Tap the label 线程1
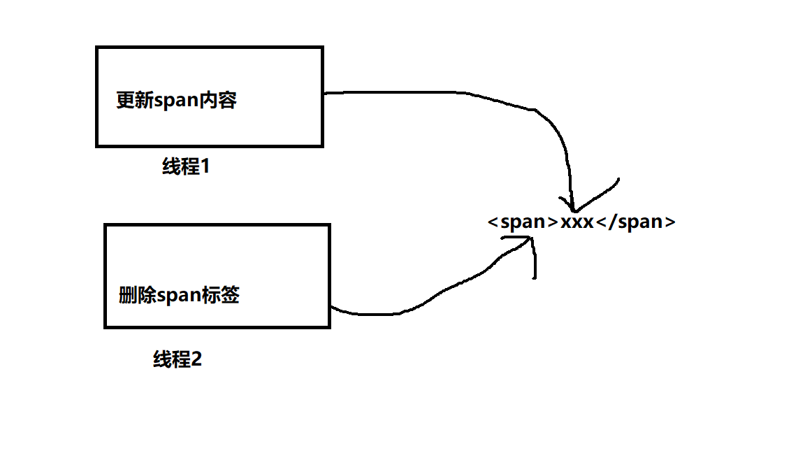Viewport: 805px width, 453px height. (186, 167)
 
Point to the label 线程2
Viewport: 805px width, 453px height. (177, 360)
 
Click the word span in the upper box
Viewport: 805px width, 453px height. (176, 101)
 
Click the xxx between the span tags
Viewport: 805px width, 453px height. (576, 222)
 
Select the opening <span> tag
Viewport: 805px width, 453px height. (523, 222)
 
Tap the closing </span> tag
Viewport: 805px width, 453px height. (635, 222)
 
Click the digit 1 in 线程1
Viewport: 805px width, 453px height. (205, 167)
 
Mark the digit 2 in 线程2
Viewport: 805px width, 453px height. (196, 360)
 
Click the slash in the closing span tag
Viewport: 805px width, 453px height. (612, 222)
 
